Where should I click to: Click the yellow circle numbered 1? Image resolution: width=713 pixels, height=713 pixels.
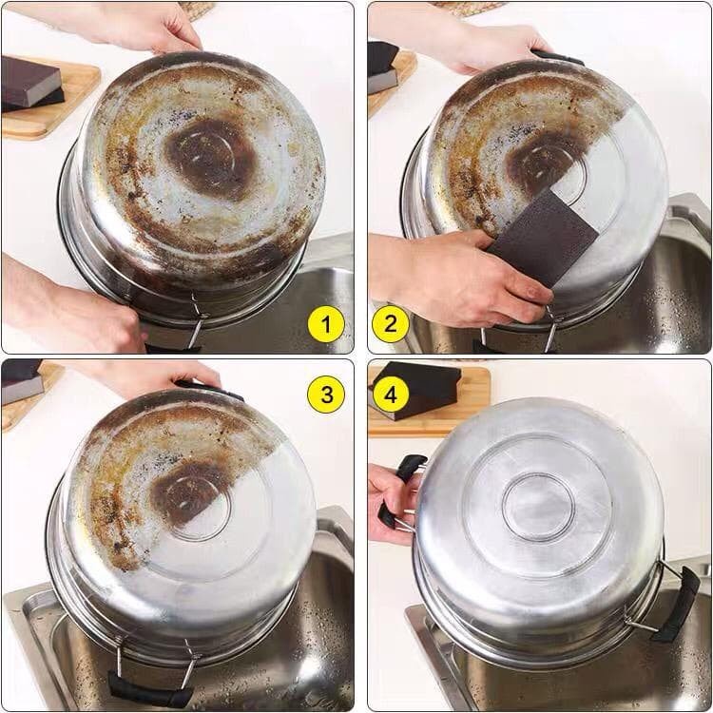coord(325,325)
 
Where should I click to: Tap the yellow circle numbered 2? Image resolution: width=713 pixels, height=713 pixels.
coord(391,324)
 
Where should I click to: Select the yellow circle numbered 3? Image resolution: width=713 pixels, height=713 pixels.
coord(326,395)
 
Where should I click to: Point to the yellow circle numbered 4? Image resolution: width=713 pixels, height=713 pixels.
coord(391,395)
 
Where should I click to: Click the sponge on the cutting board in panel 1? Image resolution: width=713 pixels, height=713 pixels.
coord(31,85)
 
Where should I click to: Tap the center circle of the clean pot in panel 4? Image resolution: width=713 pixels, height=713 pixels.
coord(538,507)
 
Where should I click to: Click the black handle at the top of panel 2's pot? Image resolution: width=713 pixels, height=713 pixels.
coord(558,58)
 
